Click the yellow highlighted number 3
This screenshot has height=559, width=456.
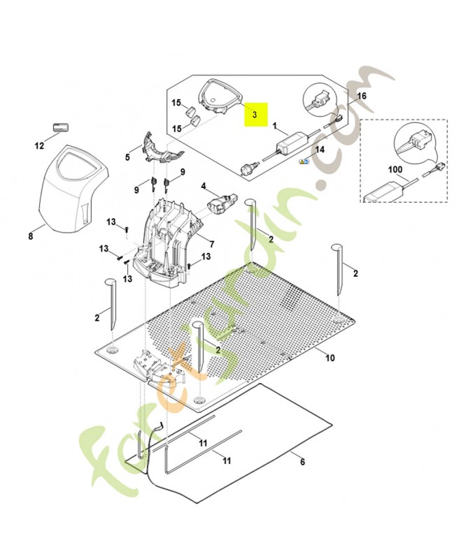(x=255, y=113)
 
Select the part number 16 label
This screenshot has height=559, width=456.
(x=361, y=96)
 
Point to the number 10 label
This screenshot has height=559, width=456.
(x=330, y=358)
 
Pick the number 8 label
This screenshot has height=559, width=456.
(x=30, y=237)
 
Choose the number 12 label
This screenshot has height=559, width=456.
(x=40, y=146)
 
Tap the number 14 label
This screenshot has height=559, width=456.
(x=320, y=150)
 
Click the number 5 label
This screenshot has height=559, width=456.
(x=127, y=158)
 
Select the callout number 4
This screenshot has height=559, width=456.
(x=204, y=187)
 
